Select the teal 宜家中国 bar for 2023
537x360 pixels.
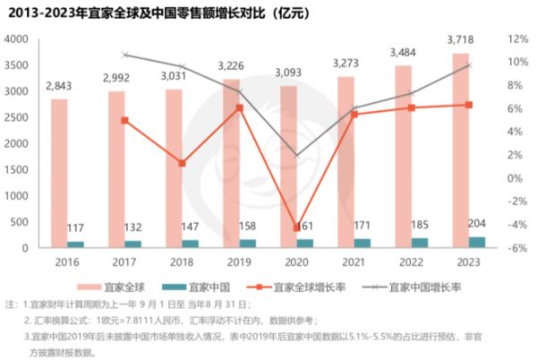point(477,242)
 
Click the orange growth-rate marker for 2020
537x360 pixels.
point(296,227)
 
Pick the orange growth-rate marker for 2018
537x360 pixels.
point(182,163)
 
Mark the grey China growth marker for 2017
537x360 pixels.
point(124,55)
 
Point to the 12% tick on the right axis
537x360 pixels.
point(518,40)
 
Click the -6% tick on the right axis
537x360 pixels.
point(518,247)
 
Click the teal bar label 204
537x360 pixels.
point(478,225)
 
